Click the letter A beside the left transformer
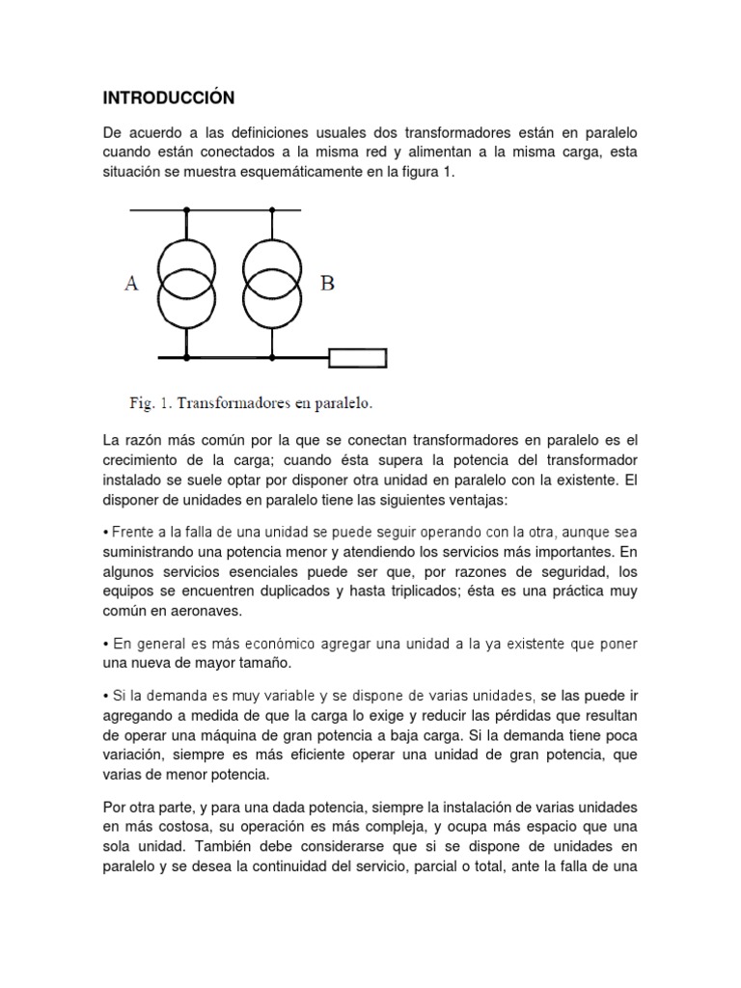click(x=132, y=284)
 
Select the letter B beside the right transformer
click(x=327, y=284)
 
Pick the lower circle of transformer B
click(x=272, y=303)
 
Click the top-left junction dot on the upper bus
click(x=187, y=209)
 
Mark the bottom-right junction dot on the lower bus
click(x=272, y=358)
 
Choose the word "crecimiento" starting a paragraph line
click(x=145, y=459)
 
